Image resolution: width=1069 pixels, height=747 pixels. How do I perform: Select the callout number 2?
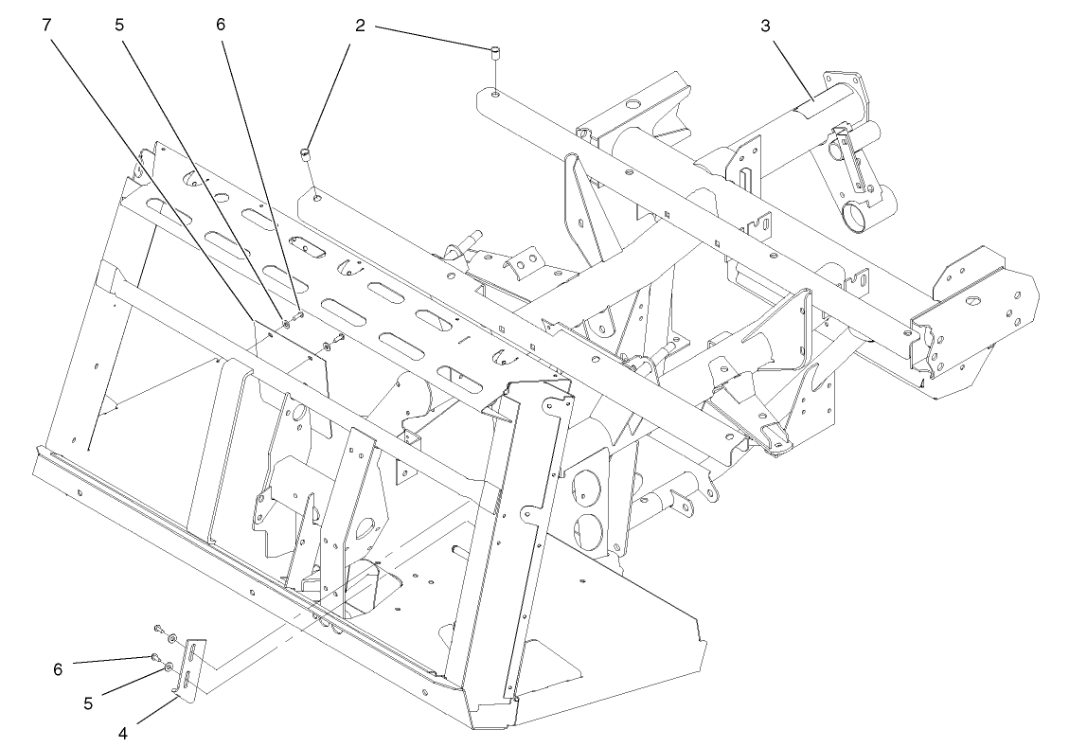pyautogui.click(x=360, y=26)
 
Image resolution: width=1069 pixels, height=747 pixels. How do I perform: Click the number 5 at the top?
pyautogui.click(x=119, y=26)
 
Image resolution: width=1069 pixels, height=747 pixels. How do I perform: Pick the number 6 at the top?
pyautogui.click(x=221, y=26)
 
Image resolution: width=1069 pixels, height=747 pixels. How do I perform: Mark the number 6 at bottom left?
pyautogui.click(x=59, y=669)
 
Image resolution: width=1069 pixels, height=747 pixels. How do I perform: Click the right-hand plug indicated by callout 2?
pyautogui.click(x=494, y=53)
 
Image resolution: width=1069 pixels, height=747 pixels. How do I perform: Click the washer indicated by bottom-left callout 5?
pyautogui.click(x=168, y=667)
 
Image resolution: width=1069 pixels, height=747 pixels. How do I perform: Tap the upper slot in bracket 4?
pyautogui.click(x=194, y=652)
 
